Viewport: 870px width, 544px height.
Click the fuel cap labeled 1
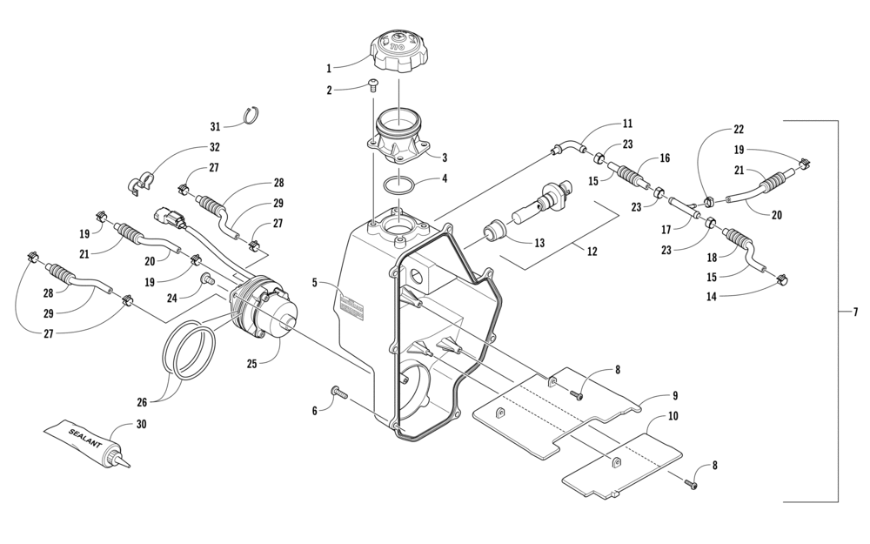pyautogui.click(x=399, y=50)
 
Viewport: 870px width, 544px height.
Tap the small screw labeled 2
pyautogui.click(x=374, y=85)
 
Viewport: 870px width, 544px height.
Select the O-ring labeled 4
pyautogui.click(x=398, y=185)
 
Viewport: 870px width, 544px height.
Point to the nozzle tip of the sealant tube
pyautogui.click(x=131, y=467)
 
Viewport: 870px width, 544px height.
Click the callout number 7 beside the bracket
pyautogui.click(x=855, y=312)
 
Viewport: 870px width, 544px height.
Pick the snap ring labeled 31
pyautogui.click(x=253, y=116)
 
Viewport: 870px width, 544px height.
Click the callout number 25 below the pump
pyautogui.click(x=252, y=364)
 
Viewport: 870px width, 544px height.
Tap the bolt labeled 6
pyautogui.click(x=338, y=393)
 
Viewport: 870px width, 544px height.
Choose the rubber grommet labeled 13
pyautogui.click(x=495, y=230)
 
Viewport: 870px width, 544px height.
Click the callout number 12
pyautogui.click(x=592, y=252)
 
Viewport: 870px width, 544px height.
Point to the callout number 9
pyautogui.click(x=675, y=396)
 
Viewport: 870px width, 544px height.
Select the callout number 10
pyautogui.click(x=673, y=416)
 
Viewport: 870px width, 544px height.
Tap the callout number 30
pyautogui.click(x=141, y=424)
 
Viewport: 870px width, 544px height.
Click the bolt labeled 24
pyautogui.click(x=209, y=279)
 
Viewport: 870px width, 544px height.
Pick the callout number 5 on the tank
pyautogui.click(x=315, y=283)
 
